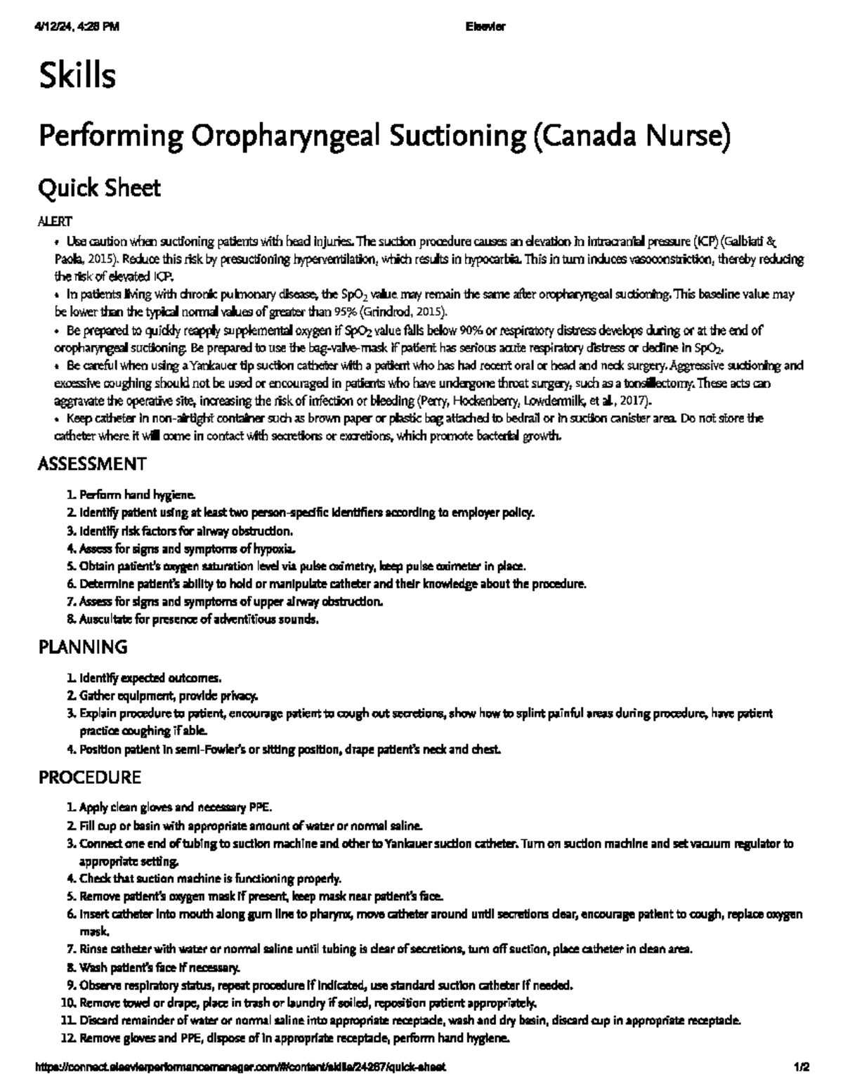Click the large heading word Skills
coord(77,76)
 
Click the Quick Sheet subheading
coord(99,188)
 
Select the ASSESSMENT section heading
coord(91,464)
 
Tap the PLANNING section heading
coord(82,646)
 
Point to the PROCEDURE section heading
coord(89,778)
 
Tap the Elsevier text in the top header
coord(485,27)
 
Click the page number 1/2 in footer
coord(802,1066)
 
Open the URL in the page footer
coord(240,1066)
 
